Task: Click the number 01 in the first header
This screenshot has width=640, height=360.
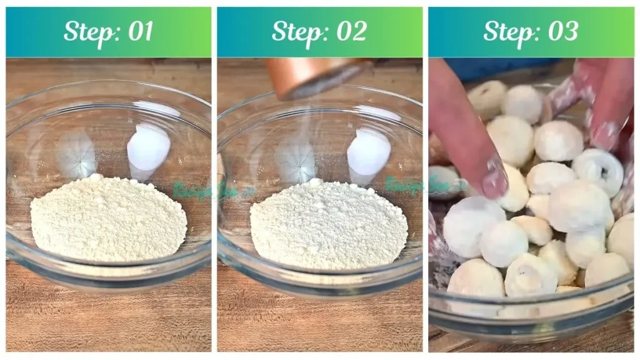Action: (x=139, y=31)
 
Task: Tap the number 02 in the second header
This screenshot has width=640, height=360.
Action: (x=350, y=31)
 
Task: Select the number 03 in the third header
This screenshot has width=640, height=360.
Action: (x=561, y=31)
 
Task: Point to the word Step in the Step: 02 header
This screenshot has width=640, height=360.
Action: (x=297, y=32)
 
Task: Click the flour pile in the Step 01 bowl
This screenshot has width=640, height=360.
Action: (x=107, y=219)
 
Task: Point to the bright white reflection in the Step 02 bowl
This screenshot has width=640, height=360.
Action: (x=369, y=153)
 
